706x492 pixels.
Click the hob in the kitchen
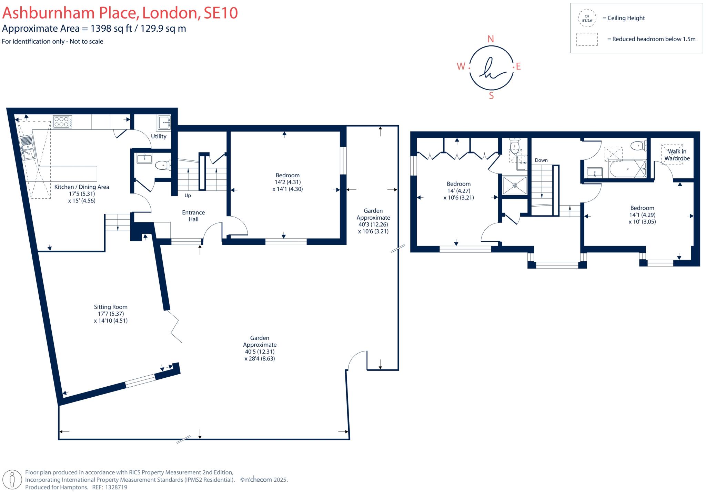pos(62,122)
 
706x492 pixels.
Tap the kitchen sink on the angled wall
pos(28,148)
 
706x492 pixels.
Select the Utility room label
pos(159,136)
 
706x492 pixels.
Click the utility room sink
pos(164,123)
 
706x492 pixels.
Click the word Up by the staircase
pos(188,196)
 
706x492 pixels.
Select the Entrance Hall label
pos(193,216)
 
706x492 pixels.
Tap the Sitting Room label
pos(111,307)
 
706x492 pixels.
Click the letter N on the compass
pos(491,39)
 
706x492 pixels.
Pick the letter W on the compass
pos(461,66)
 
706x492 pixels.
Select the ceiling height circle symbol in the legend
pos(587,18)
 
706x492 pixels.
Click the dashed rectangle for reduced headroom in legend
pos(587,39)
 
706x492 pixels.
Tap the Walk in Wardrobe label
pos(677,155)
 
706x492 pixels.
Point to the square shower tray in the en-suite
pos(515,185)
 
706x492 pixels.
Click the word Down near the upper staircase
pos(541,160)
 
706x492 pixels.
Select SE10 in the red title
pos(221,13)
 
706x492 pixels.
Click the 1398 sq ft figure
pos(111,28)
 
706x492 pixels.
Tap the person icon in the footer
pos(13,480)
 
